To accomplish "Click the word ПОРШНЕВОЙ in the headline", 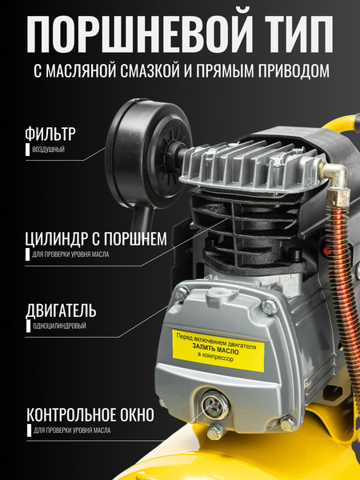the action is point(139,34).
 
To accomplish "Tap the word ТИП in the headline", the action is point(299,34).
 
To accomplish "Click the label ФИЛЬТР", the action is point(50,134).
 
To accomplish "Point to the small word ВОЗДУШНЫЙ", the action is point(48,150).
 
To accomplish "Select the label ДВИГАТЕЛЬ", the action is point(61,310).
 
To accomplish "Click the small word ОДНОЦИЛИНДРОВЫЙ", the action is point(59,326).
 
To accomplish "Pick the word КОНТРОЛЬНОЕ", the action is point(72,415).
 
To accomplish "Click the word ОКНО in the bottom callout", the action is point(137,415).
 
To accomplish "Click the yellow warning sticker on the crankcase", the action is point(218,350).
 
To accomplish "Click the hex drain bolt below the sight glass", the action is point(216,431).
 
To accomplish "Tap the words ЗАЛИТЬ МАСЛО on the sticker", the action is point(215,350).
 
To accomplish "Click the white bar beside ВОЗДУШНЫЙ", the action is point(27,150).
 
